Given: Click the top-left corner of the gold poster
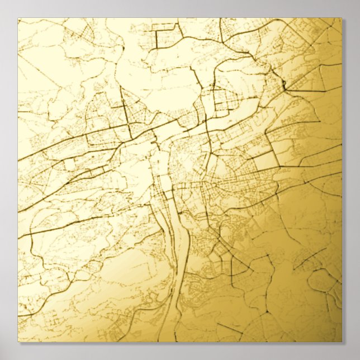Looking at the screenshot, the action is coord(18,18).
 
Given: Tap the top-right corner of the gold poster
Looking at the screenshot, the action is coord(342,18).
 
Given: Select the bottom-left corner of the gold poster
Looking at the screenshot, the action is coord(18,342).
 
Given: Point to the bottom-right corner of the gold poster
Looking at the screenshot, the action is coord(342,342).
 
